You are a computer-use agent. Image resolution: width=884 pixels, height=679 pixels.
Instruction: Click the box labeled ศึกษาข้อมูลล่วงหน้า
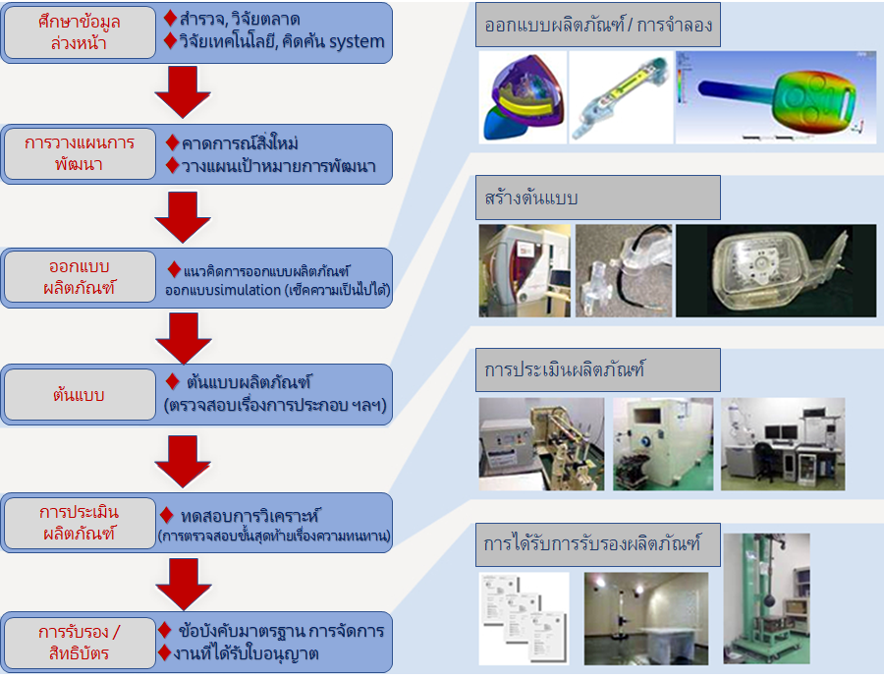click(x=80, y=32)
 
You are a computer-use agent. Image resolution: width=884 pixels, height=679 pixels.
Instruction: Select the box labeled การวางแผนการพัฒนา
click(x=80, y=153)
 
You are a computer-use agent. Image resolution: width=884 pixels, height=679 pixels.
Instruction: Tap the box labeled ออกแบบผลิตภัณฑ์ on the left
click(x=80, y=278)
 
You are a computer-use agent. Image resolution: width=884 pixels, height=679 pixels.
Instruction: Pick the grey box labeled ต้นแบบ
click(x=80, y=395)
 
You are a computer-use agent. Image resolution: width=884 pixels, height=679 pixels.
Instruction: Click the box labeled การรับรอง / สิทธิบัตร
click(x=80, y=642)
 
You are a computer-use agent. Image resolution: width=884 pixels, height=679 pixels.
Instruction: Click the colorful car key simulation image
click(x=775, y=97)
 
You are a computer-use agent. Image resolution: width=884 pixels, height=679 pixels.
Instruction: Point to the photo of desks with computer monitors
click(x=782, y=444)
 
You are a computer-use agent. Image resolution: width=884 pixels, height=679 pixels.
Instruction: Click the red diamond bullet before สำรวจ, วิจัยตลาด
click(x=170, y=18)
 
